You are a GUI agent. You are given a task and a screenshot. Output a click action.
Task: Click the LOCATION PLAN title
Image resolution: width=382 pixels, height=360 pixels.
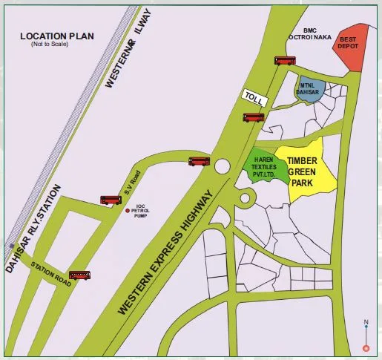[x=58, y=36]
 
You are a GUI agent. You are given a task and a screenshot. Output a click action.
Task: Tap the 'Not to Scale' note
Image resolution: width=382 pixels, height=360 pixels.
[x=49, y=45]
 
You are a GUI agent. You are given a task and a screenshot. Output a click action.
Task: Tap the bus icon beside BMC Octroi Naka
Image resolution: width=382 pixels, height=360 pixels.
[x=285, y=61]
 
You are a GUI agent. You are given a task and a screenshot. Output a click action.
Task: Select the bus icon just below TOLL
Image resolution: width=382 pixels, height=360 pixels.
[x=254, y=117]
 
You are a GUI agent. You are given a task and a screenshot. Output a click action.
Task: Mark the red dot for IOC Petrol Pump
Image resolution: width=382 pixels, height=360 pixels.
[x=128, y=212]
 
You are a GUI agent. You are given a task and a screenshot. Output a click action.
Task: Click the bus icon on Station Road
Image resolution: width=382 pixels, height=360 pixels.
[x=80, y=275]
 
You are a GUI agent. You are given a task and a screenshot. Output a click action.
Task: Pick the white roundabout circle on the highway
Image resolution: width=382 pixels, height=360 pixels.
[x=221, y=166]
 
